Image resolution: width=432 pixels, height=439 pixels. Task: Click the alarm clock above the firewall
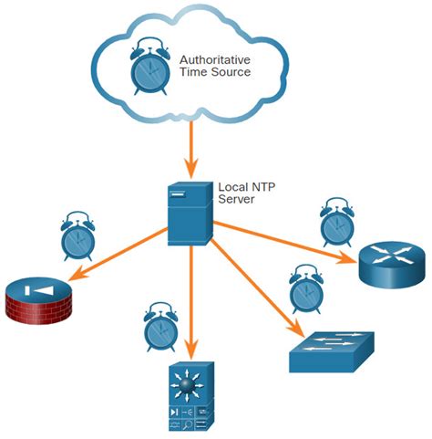coord(78,235)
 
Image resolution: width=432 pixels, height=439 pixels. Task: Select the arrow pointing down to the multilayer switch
coord(190,301)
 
